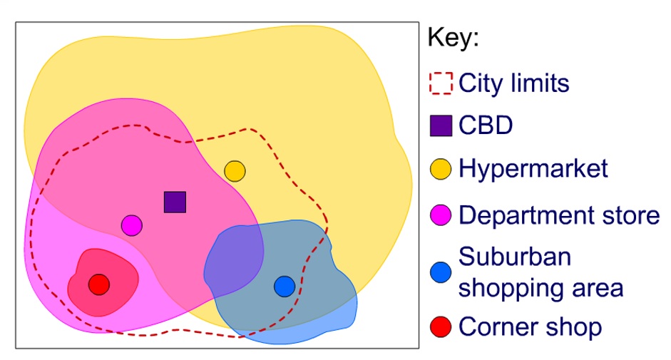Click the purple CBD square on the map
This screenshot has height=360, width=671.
click(x=175, y=202)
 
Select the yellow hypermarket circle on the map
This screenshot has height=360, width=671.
click(x=235, y=171)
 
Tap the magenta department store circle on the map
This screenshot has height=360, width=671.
click(x=131, y=225)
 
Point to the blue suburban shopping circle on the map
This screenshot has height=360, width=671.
click(x=284, y=286)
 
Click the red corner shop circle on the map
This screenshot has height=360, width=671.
click(x=99, y=284)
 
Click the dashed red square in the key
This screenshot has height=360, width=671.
click(x=441, y=83)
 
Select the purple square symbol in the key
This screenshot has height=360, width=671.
click(x=441, y=126)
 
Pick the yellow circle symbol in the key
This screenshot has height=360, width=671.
click(x=441, y=169)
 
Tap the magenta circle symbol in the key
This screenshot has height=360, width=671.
click(x=441, y=214)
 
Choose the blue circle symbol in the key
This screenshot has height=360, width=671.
click(x=441, y=272)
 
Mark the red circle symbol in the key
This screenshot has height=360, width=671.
click(x=441, y=327)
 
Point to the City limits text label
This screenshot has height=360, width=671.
click(x=514, y=83)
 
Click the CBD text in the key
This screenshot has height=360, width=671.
click(x=486, y=126)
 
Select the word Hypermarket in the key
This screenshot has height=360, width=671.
click(x=533, y=169)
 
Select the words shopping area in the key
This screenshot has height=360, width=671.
click(x=541, y=288)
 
